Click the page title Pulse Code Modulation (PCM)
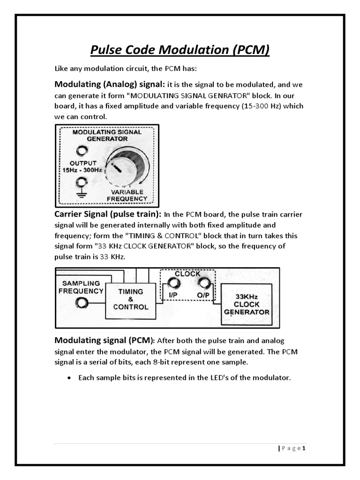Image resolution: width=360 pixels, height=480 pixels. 180,50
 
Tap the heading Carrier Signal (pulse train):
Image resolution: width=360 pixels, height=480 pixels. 108,214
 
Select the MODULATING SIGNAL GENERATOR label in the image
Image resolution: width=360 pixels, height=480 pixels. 107,135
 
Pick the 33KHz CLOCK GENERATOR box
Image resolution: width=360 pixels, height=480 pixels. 247,305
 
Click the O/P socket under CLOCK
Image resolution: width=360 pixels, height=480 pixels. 204,283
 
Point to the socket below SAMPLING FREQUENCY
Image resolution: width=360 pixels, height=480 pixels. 82,304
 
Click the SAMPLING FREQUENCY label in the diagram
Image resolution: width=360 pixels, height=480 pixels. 81,287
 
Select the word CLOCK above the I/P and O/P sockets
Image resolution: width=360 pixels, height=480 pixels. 187,273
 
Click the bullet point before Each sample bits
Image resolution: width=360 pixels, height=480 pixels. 70,377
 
